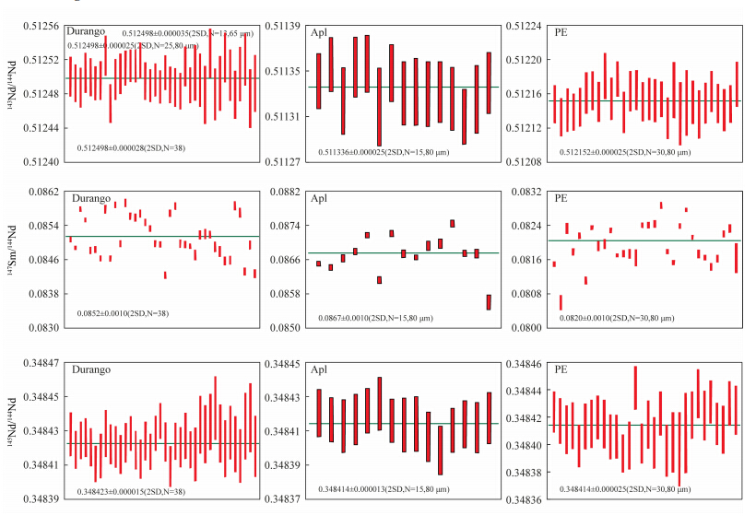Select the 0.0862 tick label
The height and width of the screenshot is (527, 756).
(x=48, y=192)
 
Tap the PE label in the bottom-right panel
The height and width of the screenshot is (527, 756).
(x=561, y=369)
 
